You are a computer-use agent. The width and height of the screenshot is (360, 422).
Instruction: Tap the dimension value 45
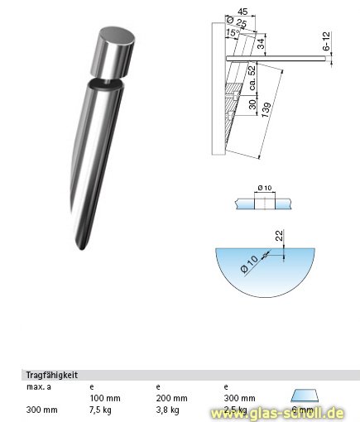(242, 11)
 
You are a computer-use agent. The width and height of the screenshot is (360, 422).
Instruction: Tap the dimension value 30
(252, 106)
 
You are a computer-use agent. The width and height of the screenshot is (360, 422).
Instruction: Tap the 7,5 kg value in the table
(99, 409)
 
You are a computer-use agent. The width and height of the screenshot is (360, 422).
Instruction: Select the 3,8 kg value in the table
(167, 409)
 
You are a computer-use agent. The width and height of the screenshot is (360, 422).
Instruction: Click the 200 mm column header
(171, 398)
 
